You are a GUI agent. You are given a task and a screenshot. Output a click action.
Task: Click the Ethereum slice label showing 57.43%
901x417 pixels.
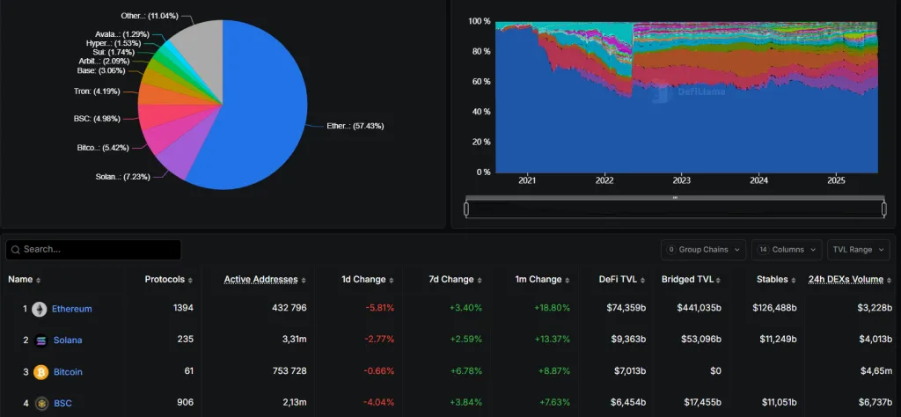[x=355, y=126]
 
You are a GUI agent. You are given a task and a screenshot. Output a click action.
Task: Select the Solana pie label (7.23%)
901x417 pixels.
[x=121, y=177]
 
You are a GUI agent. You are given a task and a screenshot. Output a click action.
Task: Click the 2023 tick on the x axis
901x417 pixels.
[x=682, y=180]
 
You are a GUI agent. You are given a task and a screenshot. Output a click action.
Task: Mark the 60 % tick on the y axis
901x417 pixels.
[x=480, y=82]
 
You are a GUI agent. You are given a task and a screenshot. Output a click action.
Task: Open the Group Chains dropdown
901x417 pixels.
[x=704, y=250]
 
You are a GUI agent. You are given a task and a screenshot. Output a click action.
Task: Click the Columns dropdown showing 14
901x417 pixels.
[x=787, y=250]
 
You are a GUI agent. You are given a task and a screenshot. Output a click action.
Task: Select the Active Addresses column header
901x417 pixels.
[x=260, y=280]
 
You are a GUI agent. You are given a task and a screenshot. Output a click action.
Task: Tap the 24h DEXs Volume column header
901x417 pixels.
[x=846, y=280]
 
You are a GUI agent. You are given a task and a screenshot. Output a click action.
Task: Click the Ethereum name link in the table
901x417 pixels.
[x=71, y=309]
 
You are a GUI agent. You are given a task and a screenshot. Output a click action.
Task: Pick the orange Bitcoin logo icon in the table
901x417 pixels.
[x=40, y=372]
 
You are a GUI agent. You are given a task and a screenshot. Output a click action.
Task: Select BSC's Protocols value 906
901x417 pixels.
[x=183, y=404]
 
